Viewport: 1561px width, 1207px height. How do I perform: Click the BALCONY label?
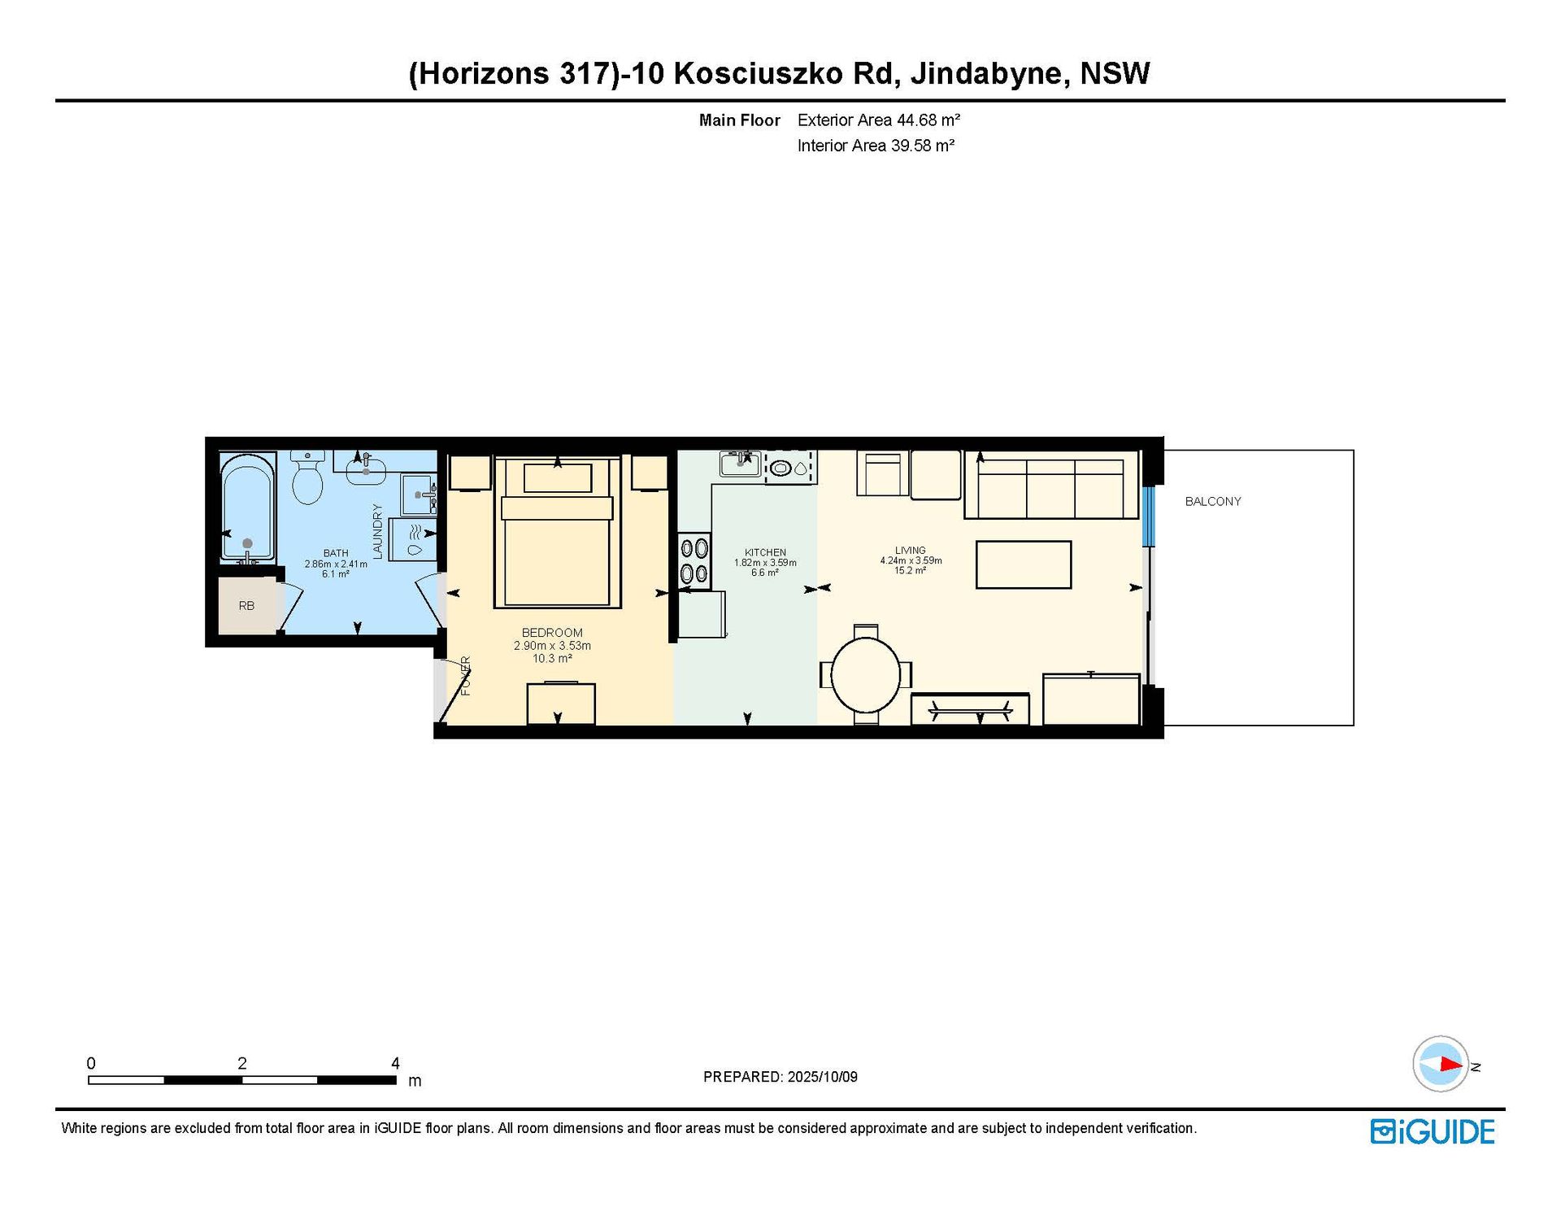point(1213,502)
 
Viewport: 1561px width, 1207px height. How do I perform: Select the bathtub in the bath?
point(248,509)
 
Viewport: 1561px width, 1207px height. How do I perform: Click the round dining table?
point(866,675)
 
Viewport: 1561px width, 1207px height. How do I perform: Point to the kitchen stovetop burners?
point(694,561)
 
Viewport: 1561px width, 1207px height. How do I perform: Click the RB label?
point(246,606)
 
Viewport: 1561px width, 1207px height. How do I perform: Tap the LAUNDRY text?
point(377,531)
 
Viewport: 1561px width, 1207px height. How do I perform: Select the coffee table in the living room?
point(1024,564)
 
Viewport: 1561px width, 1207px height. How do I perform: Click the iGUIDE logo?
point(1433,1132)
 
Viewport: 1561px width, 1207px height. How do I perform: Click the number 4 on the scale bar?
point(395,1063)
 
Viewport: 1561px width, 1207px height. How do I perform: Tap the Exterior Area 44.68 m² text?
point(879,120)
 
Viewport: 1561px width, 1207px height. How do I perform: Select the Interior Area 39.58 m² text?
point(876,146)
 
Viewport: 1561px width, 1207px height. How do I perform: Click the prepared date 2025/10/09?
point(822,1077)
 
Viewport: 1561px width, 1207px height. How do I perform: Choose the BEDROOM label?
point(552,633)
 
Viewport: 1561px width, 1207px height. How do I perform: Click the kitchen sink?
point(740,464)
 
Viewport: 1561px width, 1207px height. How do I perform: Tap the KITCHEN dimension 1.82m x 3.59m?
point(765,563)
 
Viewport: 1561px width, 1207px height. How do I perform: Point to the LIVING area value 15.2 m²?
point(910,571)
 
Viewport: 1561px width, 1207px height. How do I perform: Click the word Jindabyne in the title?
point(985,73)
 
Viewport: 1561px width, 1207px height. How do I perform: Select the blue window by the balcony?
point(1148,516)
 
